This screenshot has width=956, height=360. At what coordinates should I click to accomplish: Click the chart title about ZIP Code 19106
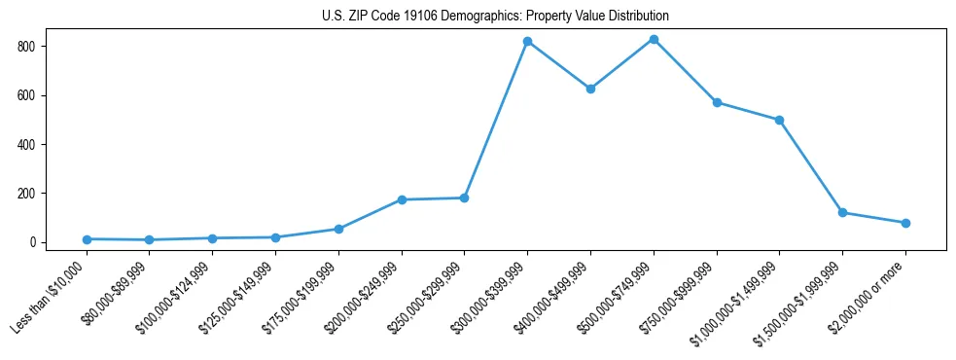[x=495, y=17]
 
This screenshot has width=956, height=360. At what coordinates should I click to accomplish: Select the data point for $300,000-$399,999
[x=527, y=42]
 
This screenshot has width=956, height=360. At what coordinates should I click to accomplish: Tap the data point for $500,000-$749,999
[x=654, y=40]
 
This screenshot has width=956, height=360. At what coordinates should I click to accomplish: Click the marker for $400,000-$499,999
[x=590, y=89]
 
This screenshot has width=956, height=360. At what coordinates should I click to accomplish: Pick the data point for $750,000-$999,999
[x=717, y=102]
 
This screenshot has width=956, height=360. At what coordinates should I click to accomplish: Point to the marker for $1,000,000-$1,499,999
[x=779, y=121]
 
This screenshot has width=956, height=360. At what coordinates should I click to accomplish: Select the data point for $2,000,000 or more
[x=905, y=223]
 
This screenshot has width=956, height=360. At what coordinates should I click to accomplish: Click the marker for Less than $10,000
[x=87, y=239]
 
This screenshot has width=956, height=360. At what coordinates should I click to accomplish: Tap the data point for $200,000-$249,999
[x=402, y=199]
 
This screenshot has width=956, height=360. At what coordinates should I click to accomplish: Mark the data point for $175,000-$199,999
[x=338, y=229]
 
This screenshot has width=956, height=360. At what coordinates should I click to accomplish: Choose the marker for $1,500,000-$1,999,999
[x=842, y=213]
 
